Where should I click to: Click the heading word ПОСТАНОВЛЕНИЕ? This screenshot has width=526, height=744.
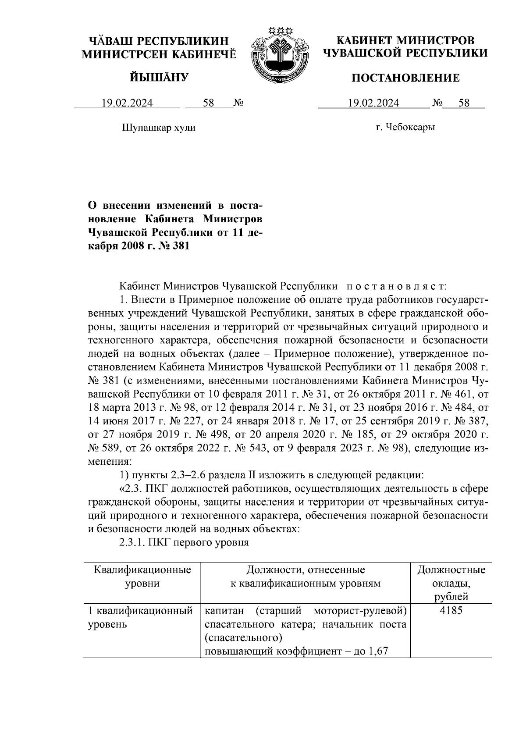406,78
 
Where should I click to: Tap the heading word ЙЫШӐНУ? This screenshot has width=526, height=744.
159,78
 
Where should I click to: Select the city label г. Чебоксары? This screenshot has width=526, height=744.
405,128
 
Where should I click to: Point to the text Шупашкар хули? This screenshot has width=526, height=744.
158,128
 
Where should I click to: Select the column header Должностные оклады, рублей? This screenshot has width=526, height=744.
451,583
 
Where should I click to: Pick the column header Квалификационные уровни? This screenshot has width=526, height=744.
142,577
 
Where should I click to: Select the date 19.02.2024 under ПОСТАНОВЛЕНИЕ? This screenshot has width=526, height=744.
373,103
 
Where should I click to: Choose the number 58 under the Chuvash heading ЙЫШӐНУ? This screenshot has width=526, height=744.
208,103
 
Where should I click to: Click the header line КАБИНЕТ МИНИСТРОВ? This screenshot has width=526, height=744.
405,41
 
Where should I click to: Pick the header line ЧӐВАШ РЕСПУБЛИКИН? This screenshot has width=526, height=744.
159,41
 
